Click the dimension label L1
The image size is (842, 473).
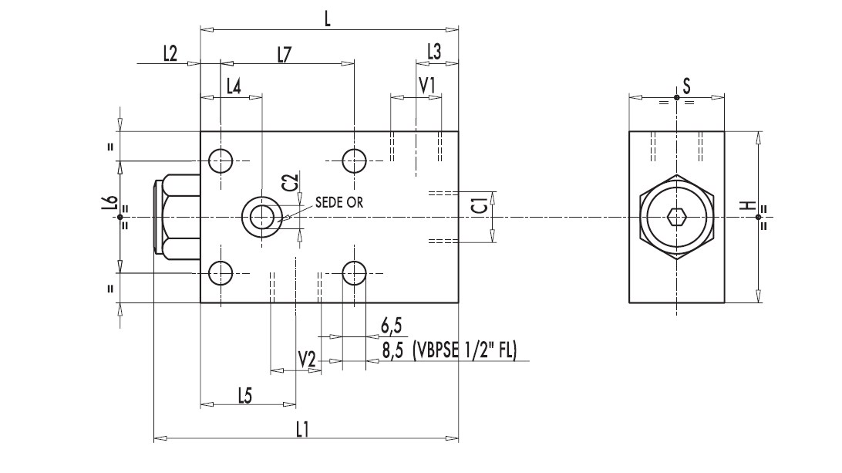pyautogui.click(x=302, y=430)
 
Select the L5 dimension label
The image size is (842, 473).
pyautogui.click(x=244, y=394)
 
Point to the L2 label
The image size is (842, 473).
pyautogui.click(x=170, y=53)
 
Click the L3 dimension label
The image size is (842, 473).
pyautogui.click(x=435, y=52)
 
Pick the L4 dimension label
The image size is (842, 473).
pyautogui.click(x=234, y=86)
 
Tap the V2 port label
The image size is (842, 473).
pyautogui.click(x=308, y=359)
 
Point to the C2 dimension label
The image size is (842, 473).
pyautogui.click(x=290, y=182)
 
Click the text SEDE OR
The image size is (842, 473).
pyautogui.click(x=338, y=202)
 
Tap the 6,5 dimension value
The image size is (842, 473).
pyautogui.click(x=392, y=324)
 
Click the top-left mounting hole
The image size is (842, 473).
pyautogui.click(x=221, y=160)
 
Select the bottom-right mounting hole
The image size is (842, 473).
pyautogui.click(x=355, y=272)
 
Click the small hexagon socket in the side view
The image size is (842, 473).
pyautogui.click(x=677, y=217)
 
